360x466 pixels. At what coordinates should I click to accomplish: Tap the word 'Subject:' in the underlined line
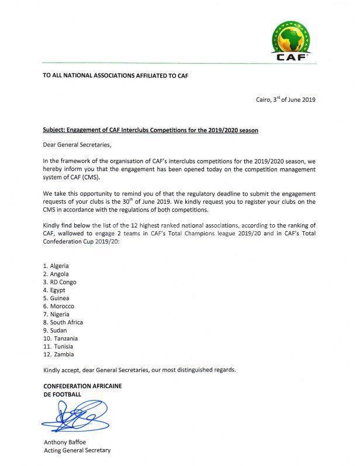(x=57, y=130)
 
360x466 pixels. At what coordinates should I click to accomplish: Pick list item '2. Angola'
(x=60, y=274)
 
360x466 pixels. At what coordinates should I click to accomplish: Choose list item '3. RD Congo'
(x=64, y=282)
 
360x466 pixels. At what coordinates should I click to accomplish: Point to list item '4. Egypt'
(x=58, y=290)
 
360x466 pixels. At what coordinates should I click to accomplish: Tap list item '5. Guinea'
(x=60, y=298)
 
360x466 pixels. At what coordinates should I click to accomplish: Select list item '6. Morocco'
(x=62, y=306)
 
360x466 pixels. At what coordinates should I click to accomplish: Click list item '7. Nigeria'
(x=60, y=314)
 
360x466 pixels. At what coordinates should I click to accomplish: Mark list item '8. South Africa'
(x=67, y=322)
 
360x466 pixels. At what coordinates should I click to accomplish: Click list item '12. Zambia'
(x=61, y=354)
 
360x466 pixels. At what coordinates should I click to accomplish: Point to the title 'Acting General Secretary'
(x=77, y=450)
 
